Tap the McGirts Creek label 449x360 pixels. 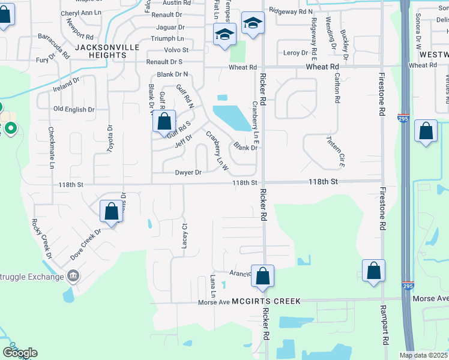point(267,301)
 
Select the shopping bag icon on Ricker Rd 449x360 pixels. point(262,276)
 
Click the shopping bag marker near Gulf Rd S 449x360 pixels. point(164,122)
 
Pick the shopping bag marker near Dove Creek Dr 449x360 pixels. point(111,211)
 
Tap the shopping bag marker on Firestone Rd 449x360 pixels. point(373,271)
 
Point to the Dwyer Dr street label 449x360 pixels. point(188,173)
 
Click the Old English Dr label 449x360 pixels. point(74,109)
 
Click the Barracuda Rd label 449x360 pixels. point(55,45)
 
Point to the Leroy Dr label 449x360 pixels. point(295,53)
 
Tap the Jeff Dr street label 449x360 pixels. point(183,141)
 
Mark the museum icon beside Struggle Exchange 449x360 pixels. point(73,276)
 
